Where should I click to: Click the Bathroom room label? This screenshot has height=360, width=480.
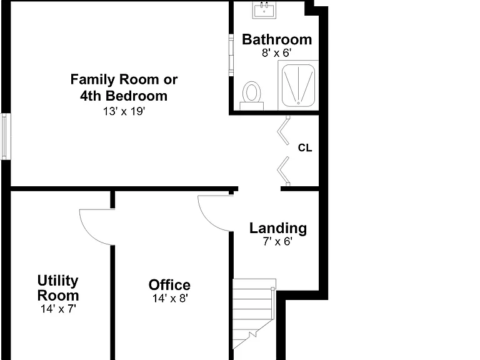point(277,39)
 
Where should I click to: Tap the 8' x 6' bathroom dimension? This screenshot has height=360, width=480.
point(276,53)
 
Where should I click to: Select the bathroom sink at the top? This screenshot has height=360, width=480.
point(264,10)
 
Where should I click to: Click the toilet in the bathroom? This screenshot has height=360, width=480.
point(252,96)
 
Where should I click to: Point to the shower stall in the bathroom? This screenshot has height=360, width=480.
point(298,86)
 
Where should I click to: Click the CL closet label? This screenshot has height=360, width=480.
point(305,148)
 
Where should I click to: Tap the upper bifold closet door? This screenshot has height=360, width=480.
point(284,130)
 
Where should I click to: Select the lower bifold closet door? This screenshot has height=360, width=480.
point(284,171)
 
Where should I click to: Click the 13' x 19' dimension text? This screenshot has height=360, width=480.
point(124,111)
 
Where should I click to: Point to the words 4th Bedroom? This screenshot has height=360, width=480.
point(124,96)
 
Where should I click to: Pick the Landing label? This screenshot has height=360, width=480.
point(278,228)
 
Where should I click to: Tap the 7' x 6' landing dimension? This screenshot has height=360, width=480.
point(277,241)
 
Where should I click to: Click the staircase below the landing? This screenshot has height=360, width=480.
point(254,314)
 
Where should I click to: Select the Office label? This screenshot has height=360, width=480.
point(169,285)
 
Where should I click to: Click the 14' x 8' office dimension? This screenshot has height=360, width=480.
point(170,298)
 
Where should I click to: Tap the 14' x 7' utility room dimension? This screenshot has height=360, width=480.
point(58,309)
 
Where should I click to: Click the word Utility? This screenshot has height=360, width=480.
point(58,281)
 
